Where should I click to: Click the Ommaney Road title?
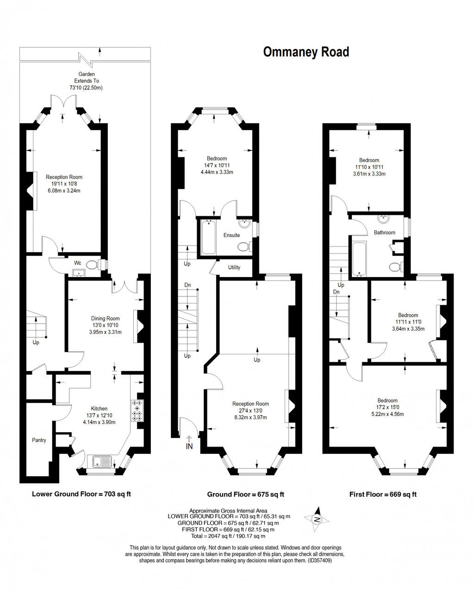[306, 52]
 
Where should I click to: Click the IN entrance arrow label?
[189, 447]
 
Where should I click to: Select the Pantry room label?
[39, 440]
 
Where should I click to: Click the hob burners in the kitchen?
[137, 410]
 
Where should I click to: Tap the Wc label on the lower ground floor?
[78, 263]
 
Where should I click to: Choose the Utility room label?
[234, 267]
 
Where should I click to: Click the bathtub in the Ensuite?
[209, 237]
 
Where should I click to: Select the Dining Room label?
[105, 318]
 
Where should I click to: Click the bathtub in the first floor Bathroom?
[359, 257]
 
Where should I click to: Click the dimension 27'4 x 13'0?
[250, 410]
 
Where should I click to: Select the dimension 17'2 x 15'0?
[387, 407]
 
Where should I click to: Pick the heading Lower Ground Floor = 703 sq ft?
[81, 494]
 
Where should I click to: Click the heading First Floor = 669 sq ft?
[383, 494]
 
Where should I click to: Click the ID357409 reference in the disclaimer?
[319, 560]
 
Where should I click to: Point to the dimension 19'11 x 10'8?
[64, 183]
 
